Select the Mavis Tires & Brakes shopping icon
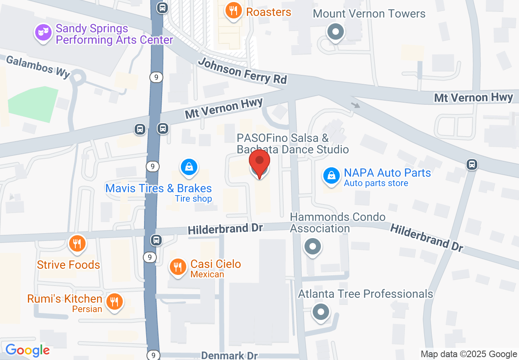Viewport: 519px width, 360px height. coord(189,167)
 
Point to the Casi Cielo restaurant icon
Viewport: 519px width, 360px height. coord(178,267)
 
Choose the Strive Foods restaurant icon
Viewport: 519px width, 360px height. coord(77,244)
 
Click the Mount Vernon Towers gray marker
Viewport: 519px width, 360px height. coord(336,32)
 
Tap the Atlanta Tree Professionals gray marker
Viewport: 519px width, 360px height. coord(321,312)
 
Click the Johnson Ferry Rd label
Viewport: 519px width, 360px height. coord(242,71)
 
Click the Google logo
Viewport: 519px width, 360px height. coord(27,350)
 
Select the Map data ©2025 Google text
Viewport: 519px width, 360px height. coord(469,354)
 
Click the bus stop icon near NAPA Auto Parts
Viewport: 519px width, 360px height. coord(472,164)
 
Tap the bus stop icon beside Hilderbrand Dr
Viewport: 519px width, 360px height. coord(156,240)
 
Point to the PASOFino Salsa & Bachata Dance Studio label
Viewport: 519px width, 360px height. coord(293,144)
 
